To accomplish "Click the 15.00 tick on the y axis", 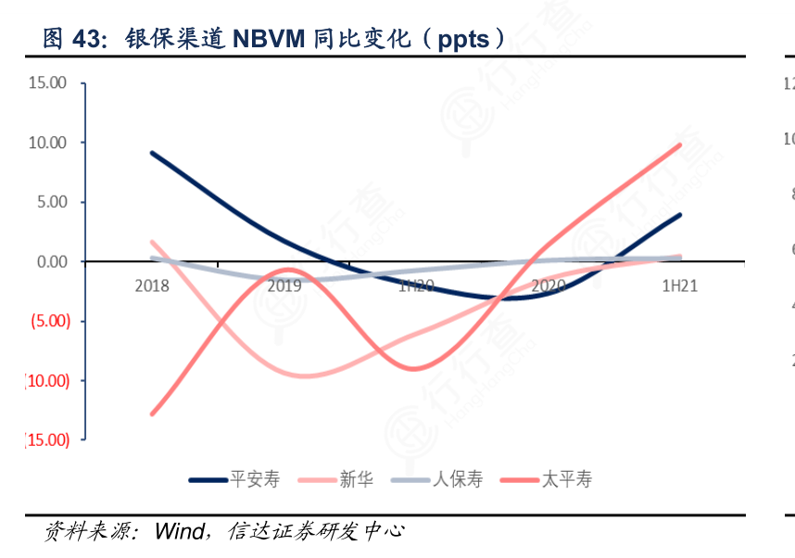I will [x=48, y=82].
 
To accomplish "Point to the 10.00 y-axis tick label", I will [x=48, y=142].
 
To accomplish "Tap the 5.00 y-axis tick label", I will [x=51, y=202].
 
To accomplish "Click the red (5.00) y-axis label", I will [x=49, y=321].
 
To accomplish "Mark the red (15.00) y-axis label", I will [x=46, y=439].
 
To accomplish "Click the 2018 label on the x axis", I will [x=152, y=285].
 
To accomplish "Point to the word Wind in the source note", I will [x=180, y=531].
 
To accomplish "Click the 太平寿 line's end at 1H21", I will [x=680, y=145].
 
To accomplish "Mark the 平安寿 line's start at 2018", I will [x=152, y=153].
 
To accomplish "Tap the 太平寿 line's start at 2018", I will [x=152, y=413].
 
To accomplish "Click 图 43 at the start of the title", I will [x=70, y=39].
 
